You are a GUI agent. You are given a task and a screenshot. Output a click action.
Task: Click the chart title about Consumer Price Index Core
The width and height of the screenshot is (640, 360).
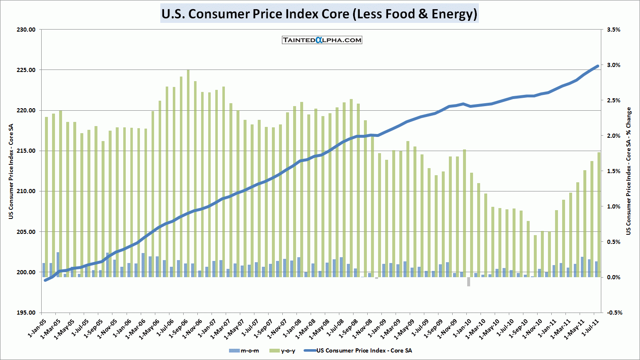319,14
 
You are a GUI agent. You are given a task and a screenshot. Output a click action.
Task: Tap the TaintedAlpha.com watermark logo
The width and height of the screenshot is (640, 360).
322,40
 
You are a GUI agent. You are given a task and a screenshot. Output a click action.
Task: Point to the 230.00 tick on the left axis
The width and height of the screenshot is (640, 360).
26,30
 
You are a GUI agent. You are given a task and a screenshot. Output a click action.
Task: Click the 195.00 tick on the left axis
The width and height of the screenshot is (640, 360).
26,313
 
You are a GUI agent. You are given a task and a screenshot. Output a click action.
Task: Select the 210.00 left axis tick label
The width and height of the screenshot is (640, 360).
26,191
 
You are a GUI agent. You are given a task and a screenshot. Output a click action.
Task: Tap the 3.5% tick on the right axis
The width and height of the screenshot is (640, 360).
614,30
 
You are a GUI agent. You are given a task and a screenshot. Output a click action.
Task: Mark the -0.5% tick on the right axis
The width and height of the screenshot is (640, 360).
613,313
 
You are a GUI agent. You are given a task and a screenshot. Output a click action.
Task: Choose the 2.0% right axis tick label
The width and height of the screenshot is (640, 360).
614,136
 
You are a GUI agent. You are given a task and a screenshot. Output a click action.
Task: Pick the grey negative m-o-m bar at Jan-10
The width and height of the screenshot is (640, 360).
468,282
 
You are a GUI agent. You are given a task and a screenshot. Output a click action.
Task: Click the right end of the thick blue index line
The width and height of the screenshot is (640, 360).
598,66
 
